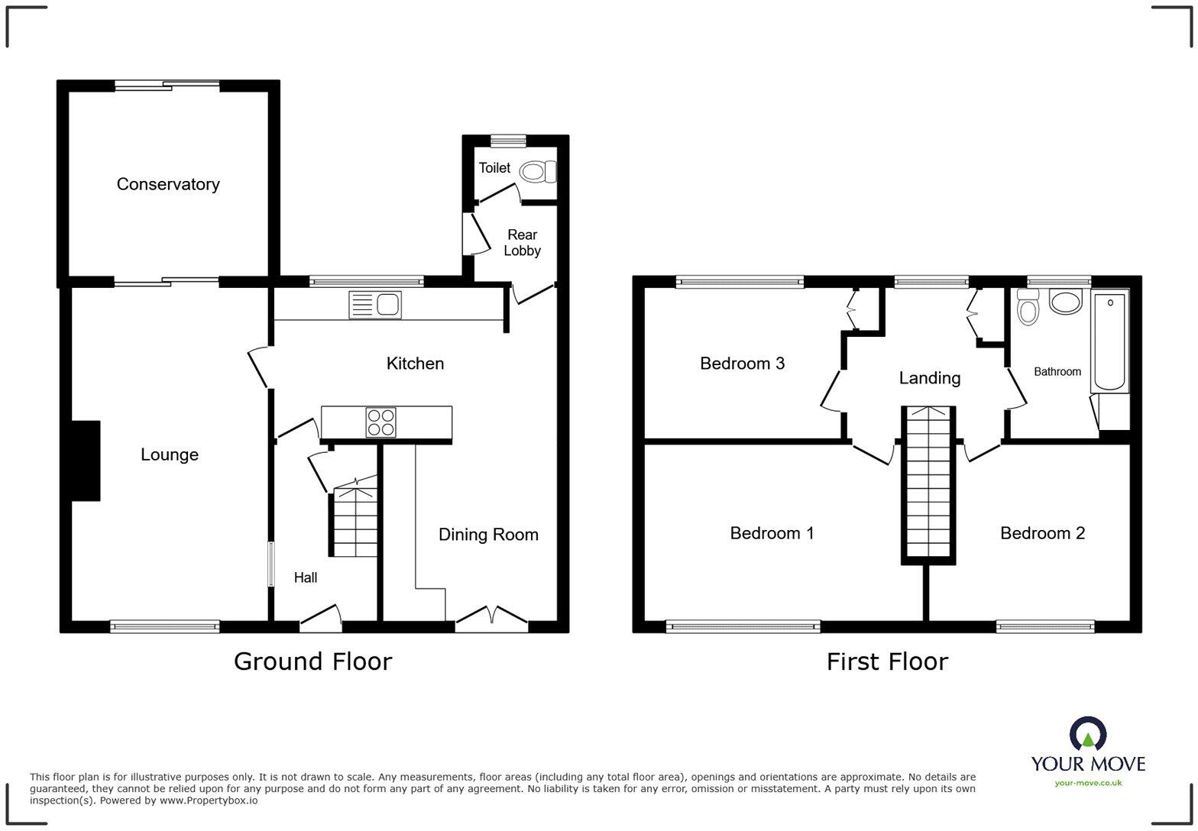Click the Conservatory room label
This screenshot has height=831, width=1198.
tap(168, 184)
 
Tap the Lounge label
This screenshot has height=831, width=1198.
tap(170, 454)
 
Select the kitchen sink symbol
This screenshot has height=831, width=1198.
tap(374, 304)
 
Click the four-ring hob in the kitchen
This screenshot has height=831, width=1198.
tap(380, 422)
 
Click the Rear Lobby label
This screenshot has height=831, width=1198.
tap(522, 243)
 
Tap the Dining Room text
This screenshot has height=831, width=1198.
tap(488, 535)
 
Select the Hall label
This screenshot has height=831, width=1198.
tap(306, 577)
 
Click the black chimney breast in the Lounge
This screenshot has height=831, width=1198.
tap(86, 461)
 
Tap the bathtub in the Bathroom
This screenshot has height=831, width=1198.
tap(1110, 341)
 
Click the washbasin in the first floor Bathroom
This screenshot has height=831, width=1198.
tap(1066, 301)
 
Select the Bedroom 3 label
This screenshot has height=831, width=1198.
tap(742, 364)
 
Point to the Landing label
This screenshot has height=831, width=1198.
tap(929, 378)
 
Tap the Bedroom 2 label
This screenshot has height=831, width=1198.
tap(1042, 533)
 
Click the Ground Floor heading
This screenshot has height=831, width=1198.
tap(312, 661)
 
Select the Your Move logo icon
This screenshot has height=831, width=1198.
tap(1088, 734)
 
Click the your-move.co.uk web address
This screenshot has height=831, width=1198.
tap(1088, 782)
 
